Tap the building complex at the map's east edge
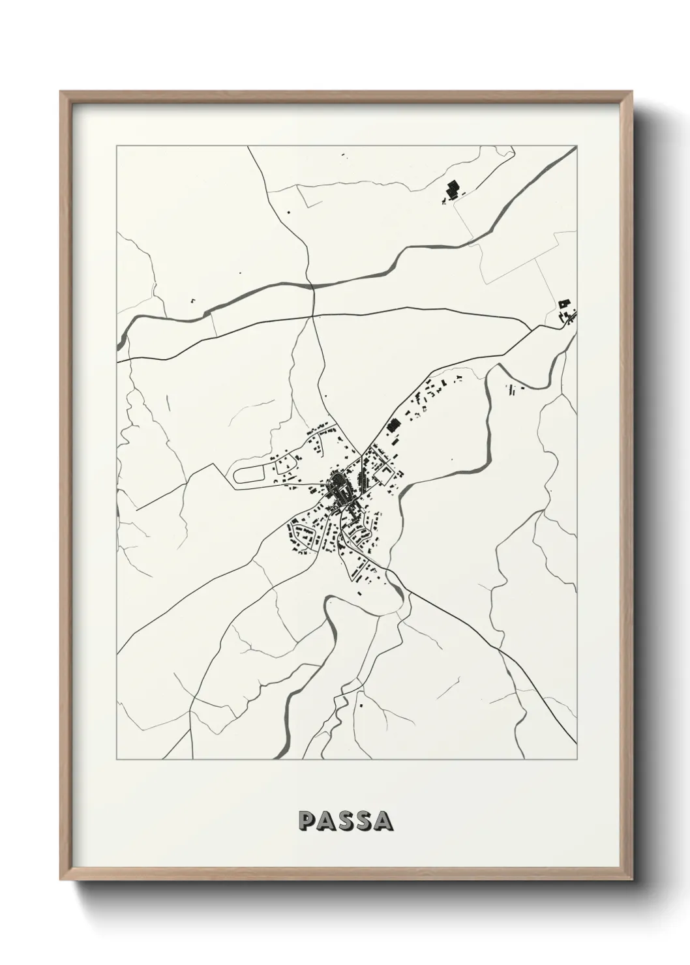coord(566,312)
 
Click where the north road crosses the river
coord(313,286)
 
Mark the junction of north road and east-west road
coord(314,316)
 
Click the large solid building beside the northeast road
coord(392,426)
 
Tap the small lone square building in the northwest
coord(288,211)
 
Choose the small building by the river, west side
coord(193,301)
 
